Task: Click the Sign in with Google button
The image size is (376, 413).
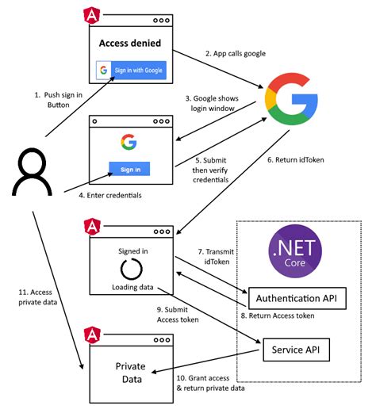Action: tap(131, 71)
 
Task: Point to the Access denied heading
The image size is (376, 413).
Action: tap(130, 41)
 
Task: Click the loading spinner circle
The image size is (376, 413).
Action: tap(129, 267)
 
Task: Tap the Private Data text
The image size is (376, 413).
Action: tap(130, 372)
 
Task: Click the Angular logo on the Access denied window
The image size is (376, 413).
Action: tap(90, 16)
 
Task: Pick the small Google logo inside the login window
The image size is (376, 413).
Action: tap(129, 142)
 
